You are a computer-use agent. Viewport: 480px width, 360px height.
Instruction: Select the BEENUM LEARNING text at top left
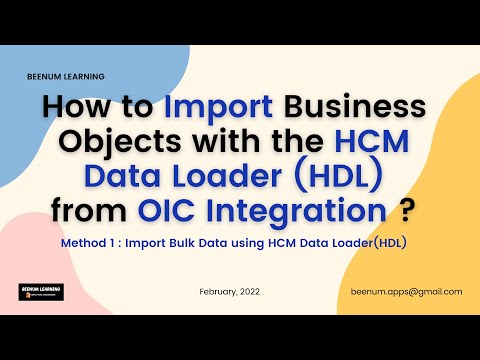tap(66, 76)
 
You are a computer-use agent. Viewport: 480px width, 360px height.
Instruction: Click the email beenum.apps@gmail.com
tap(406, 291)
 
